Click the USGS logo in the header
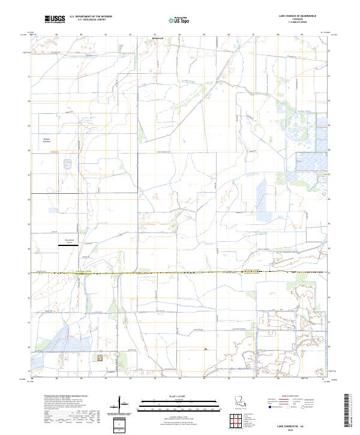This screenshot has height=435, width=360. click(54, 19)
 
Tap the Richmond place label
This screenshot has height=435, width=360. click(157, 40)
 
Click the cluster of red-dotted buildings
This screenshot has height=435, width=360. click(100, 356)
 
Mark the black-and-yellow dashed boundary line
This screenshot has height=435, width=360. click(180, 272)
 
